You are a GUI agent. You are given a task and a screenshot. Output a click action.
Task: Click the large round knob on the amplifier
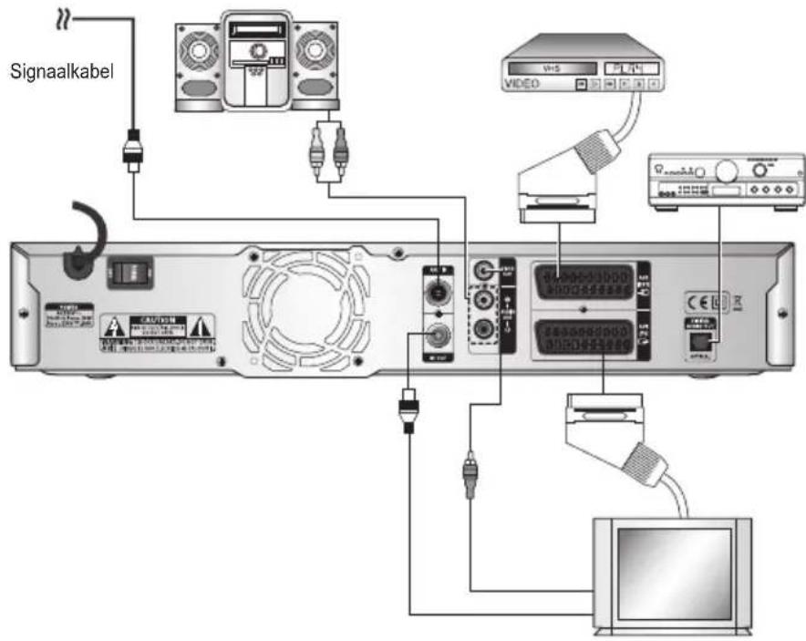(x=728, y=171)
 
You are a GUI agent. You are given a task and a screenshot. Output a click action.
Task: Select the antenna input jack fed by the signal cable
(x=439, y=294)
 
